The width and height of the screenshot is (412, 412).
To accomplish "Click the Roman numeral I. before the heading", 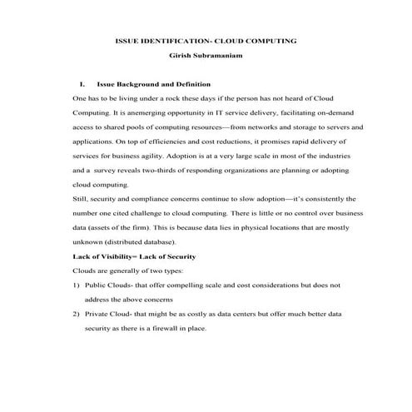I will click(81, 84).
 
